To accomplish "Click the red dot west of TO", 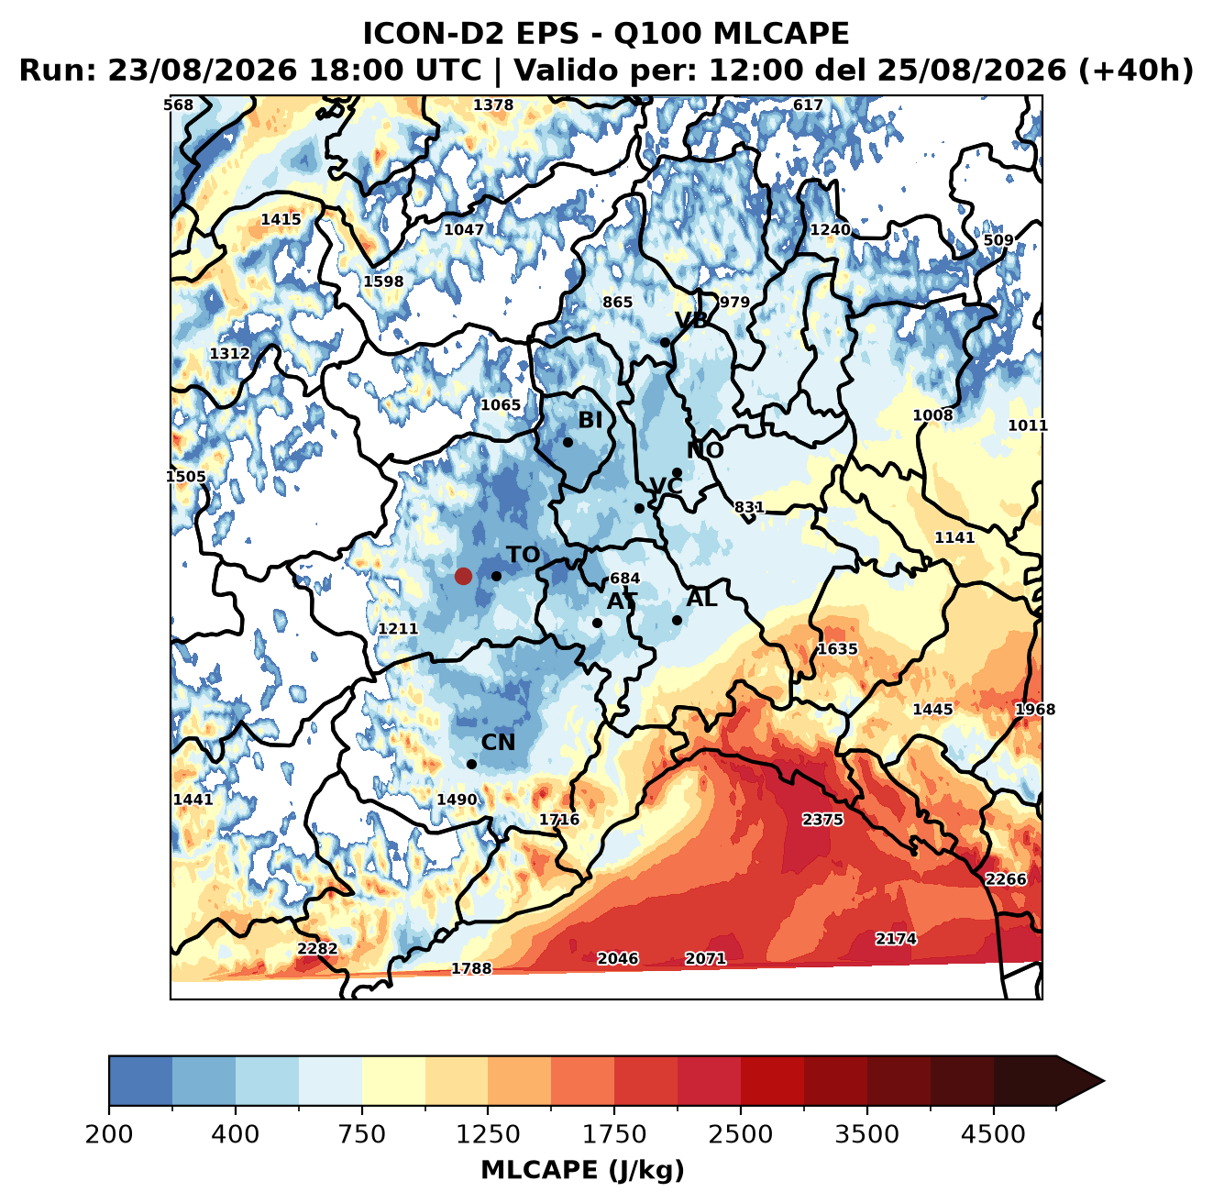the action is pos(463,576).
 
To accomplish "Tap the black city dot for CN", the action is pos(471,764).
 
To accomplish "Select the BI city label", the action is pos(590,420).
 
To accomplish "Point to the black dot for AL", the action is pos(677,620).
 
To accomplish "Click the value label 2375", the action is pos(822,819).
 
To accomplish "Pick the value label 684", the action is pos(624,578).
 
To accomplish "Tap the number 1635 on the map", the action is pos(837,648).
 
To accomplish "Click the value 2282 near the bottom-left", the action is pos(317,948).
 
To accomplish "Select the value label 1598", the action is pos(383,281).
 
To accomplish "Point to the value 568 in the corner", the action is pos(178,105).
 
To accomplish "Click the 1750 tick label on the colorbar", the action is pos(614,1134).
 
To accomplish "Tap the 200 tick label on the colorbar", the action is pos(109,1134).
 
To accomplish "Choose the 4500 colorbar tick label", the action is pos(993,1134).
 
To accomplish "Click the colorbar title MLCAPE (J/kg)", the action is pos(582,1170).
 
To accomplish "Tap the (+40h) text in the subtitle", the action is pos(1136,71).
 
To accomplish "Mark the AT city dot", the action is pos(597,623).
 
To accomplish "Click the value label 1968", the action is pos(1035,710).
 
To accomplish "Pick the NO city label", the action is pos(704,450).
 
